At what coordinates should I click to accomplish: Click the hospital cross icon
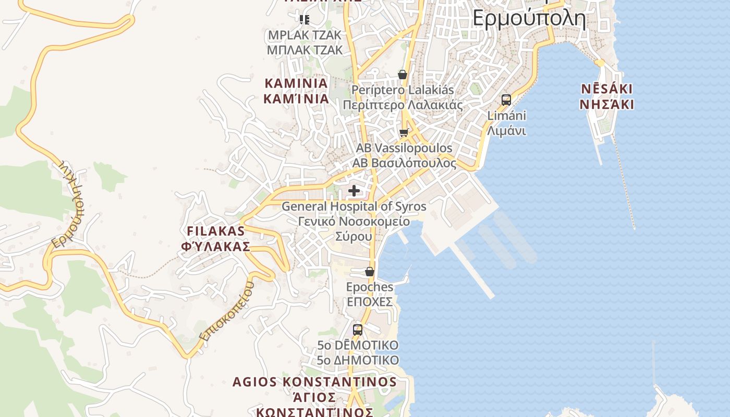tap(354, 191)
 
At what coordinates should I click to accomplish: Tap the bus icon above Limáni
tap(506, 100)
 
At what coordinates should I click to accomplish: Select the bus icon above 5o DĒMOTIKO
tap(358, 329)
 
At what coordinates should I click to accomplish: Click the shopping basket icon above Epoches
tap(370, 272)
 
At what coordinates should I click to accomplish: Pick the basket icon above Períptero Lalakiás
tap(403, 75)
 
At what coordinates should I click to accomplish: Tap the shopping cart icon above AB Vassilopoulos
tap(404, 133)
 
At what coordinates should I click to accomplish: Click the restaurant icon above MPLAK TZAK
tap(305, 20)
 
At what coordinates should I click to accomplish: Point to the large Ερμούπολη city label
tap(529, 18)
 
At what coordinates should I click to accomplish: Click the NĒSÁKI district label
tap(607, 89)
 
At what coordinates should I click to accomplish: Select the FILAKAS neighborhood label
tap(216, 231)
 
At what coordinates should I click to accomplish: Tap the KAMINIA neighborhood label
tap(296, 83)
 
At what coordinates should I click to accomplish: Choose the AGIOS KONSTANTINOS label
tap(314, 382)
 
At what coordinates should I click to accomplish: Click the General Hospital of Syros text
tap(354, 206)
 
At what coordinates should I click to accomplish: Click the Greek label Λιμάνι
tap(506, 130)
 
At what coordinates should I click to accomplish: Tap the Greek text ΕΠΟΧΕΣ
tap(370, 302)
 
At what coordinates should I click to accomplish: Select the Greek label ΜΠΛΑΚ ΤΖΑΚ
tap(305, 50)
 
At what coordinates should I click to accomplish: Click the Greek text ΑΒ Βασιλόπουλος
tap(404, 163)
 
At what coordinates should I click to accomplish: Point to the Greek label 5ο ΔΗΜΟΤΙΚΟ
tap(358, 360)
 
